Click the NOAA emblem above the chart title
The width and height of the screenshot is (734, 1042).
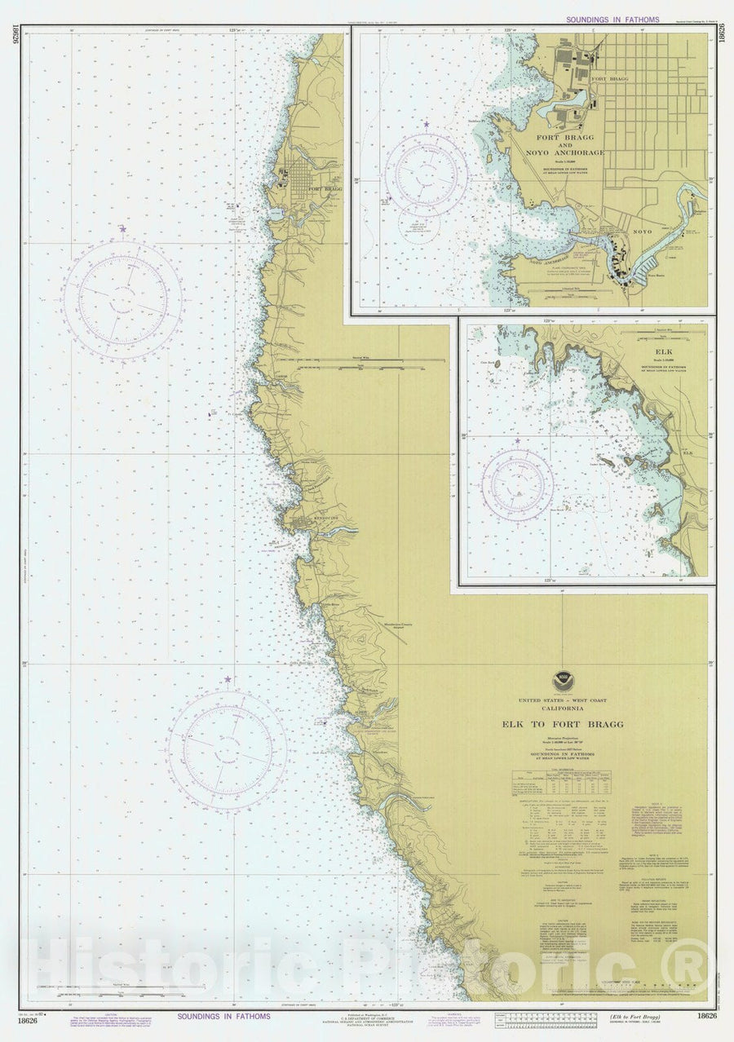[562, 679]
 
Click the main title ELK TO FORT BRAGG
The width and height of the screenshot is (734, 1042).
[562, 724]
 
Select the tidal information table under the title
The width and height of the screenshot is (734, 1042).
[562, 783]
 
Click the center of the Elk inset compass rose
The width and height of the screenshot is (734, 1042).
[517, 485]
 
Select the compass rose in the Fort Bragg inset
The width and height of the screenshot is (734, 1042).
[426, 174]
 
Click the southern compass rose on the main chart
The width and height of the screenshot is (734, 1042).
[227, 750]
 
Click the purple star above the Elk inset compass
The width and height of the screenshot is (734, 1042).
[517, 441]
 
